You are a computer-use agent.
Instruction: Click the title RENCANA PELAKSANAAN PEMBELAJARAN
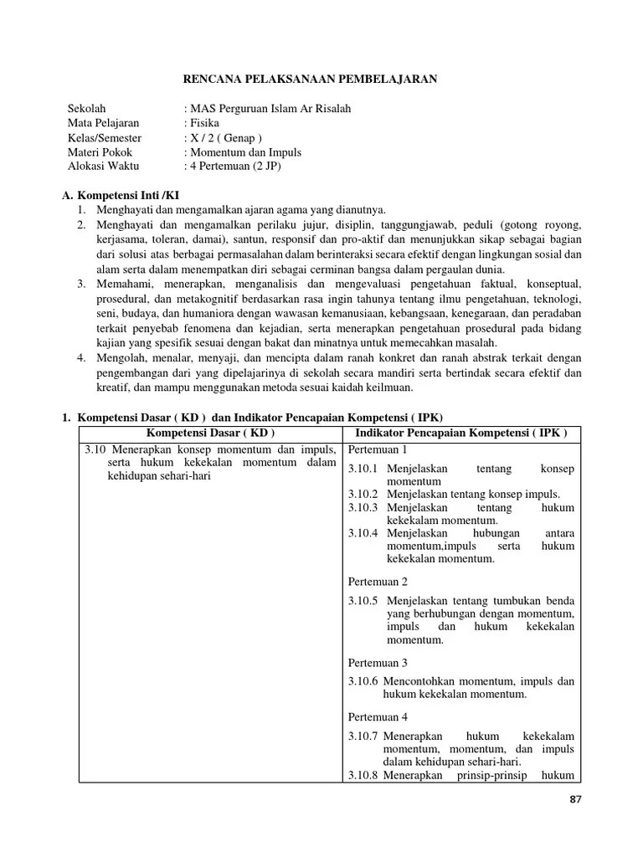(310, 79)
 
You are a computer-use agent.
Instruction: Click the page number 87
(574, 798)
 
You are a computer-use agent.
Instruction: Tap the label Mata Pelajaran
(104, 123)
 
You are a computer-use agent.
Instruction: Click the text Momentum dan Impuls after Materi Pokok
(246, 152)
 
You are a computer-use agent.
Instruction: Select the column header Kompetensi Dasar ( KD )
(210, 433)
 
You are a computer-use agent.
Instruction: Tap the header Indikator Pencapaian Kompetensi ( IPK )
(461, 433)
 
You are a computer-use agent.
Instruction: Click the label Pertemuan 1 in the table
(377, 450)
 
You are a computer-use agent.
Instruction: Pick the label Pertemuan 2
(377, 581)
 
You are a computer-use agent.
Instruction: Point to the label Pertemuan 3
(377, 662)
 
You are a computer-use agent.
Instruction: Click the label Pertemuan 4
(377, 717)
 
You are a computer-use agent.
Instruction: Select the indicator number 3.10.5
(363, 600)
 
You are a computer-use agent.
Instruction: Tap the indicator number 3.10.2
(363, 494)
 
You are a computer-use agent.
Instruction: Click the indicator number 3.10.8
(363, 774)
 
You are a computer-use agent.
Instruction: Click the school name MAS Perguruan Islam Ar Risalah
(270, 109)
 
